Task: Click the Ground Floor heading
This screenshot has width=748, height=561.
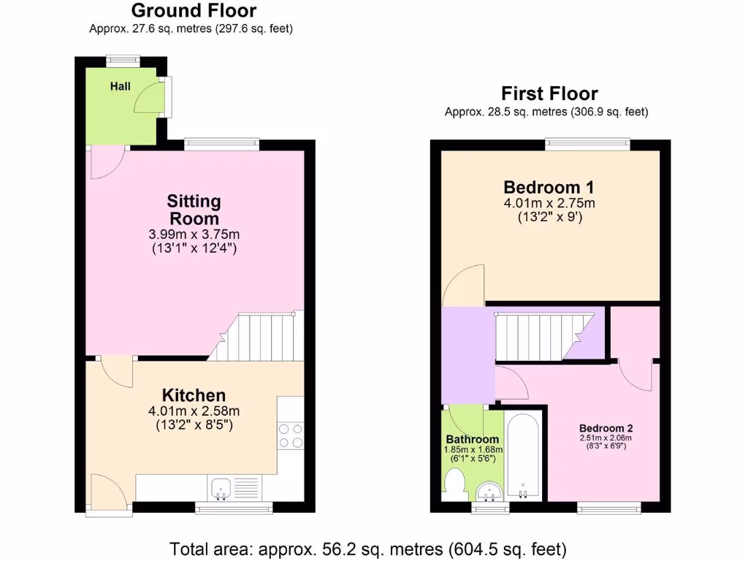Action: pos(194,11)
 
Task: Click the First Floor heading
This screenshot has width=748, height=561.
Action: pos(549,94)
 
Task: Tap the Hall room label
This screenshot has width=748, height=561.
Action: pos(121,87)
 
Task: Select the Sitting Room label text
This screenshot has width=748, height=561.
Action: pos(194,210)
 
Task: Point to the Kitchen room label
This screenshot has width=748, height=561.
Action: pos(194,395)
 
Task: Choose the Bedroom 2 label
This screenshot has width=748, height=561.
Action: pos(606,428)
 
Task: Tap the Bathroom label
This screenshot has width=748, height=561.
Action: pos(473,439)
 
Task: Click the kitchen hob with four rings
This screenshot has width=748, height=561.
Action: pos(290,435)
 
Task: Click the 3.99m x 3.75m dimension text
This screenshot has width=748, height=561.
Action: pos(194,234)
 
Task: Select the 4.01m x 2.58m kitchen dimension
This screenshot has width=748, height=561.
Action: pos(194,411)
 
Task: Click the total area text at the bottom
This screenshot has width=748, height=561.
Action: pos(368,548)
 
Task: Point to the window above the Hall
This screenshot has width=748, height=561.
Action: pos(122,61)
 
